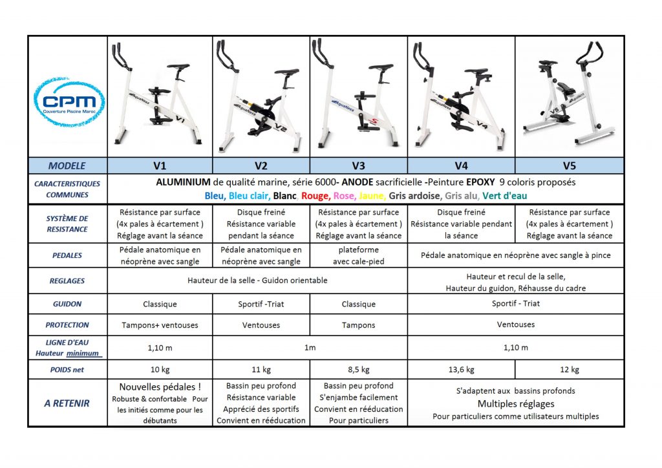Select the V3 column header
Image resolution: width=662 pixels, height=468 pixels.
click(x=358, y=165)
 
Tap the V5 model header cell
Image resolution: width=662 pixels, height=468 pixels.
click(x=569, y=165)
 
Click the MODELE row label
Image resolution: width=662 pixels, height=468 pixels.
click(x=67, y=165)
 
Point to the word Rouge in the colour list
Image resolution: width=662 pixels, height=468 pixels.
click(x=315, y=195)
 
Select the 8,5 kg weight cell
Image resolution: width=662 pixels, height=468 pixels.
click(x=358, y=370)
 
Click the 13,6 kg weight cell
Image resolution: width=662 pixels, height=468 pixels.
click(x=461, y=370)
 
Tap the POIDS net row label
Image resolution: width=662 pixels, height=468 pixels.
click(x=67, y=370)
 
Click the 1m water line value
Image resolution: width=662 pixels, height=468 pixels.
click(x=310, y=348)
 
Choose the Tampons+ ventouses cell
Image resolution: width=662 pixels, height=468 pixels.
click(x=160, y=325)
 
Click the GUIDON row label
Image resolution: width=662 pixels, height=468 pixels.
click(x=67, y=304)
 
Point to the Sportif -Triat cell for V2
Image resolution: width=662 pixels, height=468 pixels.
click(x=261, y=304)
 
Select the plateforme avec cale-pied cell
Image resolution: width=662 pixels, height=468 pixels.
click(x=358, y=255)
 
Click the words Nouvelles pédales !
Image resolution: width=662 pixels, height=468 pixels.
click(x=160, y=387)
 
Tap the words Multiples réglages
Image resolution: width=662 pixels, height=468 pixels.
click(x=515, y=404)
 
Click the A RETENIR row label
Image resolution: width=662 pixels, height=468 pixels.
click(x=67, y=403)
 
